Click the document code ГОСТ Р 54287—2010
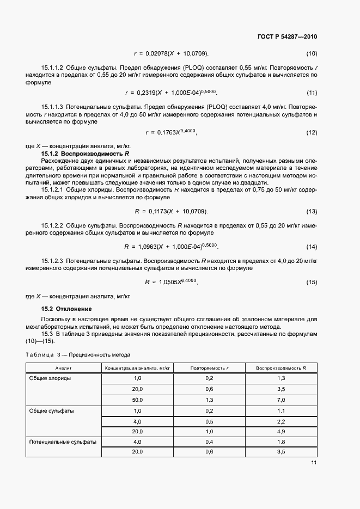286,37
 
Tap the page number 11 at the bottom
313,463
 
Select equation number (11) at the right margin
312,93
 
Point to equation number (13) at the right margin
312,211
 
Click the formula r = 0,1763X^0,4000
171,132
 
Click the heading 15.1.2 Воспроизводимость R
85,154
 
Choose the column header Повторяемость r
210,369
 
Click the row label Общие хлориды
50,378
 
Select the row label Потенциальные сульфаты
63,441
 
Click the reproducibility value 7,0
281,400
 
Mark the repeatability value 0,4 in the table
210,441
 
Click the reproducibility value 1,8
281,441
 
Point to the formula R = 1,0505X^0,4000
171,282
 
